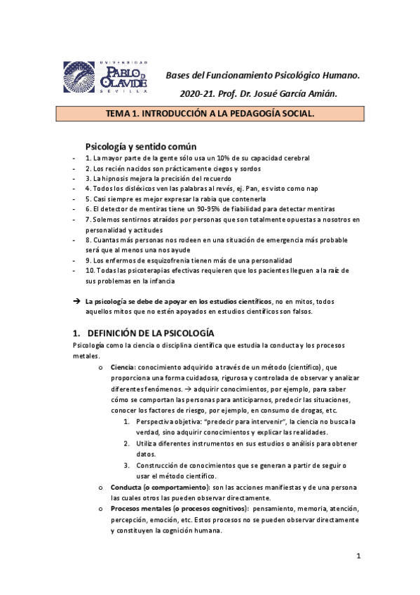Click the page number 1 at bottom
[358, 556]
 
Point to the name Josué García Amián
[306, 93]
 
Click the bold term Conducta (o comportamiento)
[152, 487]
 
